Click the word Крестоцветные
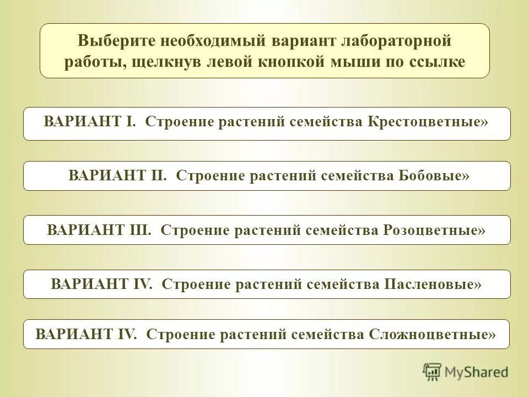(427, 122)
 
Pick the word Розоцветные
(433, 229)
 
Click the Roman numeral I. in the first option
(131, 122)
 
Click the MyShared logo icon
(433, 372)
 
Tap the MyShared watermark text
(476, 372)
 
